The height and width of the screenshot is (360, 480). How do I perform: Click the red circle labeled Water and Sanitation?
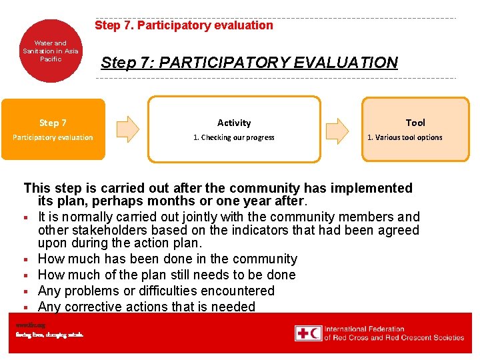click(51, 51)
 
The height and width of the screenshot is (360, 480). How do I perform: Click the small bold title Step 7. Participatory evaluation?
click(183, 25)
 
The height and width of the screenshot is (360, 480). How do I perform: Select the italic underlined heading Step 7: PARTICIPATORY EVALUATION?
click(249, 63)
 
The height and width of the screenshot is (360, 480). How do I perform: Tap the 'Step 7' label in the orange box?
click(53, 123)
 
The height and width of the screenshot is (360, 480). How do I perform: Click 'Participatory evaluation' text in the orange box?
click(53, 137)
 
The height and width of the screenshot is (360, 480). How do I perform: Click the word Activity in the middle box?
click(234, 123)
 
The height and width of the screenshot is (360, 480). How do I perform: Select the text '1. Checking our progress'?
click(234, 137)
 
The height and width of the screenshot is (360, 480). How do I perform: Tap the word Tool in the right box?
click(415, 123)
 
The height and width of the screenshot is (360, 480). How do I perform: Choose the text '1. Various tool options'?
click(405, 137)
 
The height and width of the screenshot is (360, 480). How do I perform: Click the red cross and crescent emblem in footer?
click(308, 333)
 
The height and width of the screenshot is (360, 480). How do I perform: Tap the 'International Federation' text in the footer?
click(364, 329)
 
